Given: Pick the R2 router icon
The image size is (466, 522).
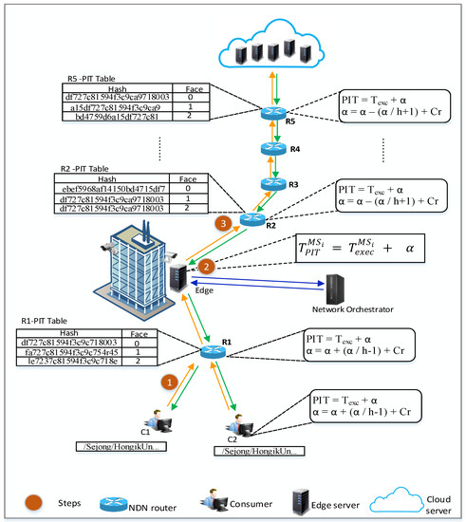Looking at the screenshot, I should pos(251,220).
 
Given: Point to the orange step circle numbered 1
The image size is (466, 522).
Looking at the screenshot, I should pos(171,382).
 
